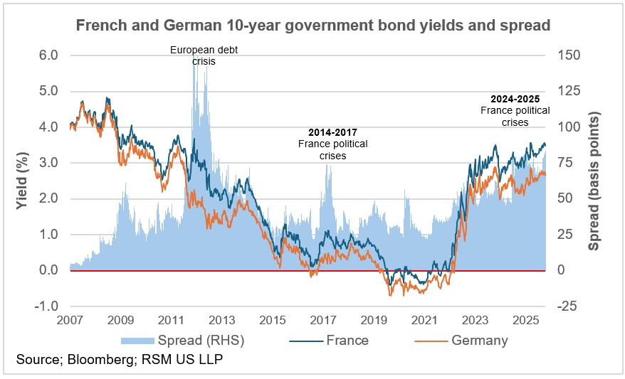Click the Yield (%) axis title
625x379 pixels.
click(x=23, y=180)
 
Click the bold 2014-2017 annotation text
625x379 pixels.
click(x=332, y=132)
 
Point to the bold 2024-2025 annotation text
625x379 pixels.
click(x=515, y=99)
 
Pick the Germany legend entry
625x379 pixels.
click(x=479, y=340)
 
